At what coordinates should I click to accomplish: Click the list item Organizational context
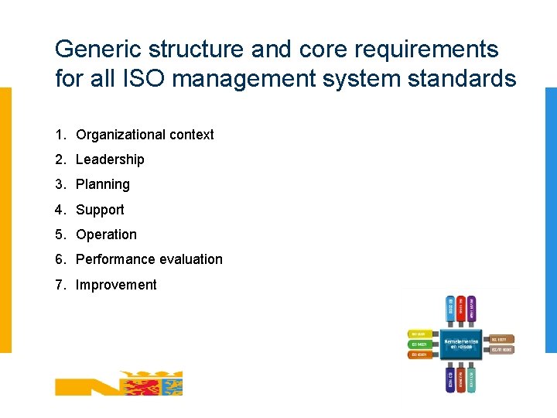[x=145, y=135]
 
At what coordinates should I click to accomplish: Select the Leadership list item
[x=110, y=159]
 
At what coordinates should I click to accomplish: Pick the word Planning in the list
[x=103, y=184]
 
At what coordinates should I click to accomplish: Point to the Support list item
[x=100, y=210]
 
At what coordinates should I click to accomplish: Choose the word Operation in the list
[x=106, y=235]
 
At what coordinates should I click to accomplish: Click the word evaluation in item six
[x=186, y=259]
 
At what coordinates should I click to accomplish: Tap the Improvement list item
[x=116, y=285]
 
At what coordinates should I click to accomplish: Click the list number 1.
[x=60, y=135]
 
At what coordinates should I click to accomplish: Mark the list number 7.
[x=60, y=285]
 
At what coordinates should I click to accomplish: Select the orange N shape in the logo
[x=84, y=385]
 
